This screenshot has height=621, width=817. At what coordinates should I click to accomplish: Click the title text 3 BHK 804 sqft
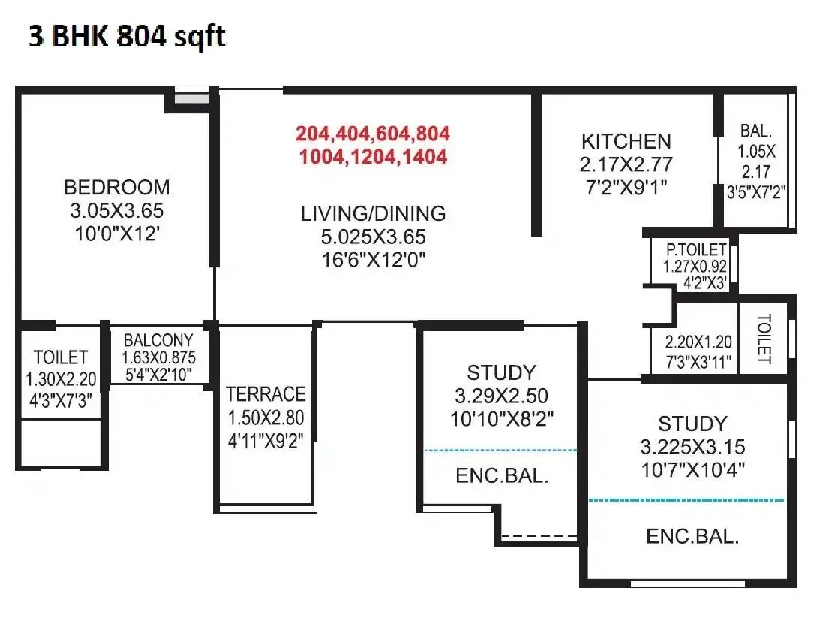(126, 36)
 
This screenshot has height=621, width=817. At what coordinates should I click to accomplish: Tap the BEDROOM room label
(116, 187)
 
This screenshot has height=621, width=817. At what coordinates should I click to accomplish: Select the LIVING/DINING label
(373, 213)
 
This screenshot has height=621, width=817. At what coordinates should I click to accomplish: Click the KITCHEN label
(626, 141)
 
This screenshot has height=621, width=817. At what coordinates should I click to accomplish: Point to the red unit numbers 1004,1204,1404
(372, 157)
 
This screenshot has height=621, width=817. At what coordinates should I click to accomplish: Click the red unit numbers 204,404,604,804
(372, 134)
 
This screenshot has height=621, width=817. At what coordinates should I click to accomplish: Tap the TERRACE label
(266, 394)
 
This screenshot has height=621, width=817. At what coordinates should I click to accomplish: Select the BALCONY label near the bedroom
(158, 340)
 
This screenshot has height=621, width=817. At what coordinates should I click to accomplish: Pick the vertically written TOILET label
(764, 339)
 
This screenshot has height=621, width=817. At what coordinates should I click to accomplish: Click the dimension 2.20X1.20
(697, 342)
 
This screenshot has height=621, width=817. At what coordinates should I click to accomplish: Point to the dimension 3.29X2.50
(501, 396)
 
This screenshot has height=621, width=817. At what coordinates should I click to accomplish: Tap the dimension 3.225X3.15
(692, 448)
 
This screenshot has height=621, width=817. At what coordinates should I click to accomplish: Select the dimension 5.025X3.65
(373, 237)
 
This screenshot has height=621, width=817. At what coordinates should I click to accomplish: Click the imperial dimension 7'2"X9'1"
(626, 186)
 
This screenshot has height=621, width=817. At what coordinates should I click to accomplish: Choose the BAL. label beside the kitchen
(753, 129)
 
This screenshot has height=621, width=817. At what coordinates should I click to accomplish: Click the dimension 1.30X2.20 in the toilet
(61, 379)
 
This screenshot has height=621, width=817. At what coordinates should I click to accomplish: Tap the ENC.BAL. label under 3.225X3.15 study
(692, 536)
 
